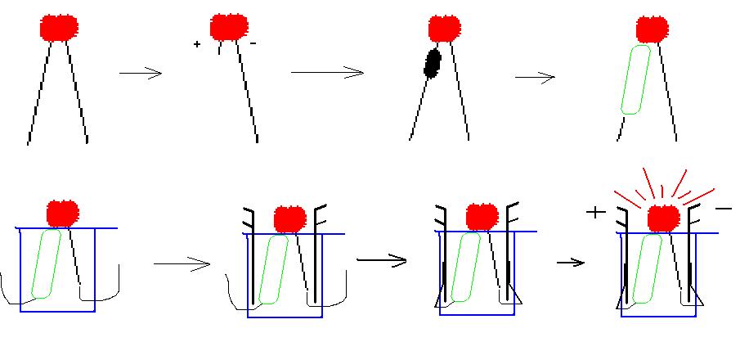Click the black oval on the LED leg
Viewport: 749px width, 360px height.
433,62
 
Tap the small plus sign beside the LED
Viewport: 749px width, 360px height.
197,44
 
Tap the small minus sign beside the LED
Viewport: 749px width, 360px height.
252,44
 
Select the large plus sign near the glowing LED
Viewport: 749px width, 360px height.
596,213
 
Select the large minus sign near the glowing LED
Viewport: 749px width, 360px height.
723,209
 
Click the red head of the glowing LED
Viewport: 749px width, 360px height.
663,218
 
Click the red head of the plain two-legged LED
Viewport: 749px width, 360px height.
59,27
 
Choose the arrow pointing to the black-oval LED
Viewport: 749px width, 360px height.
327,73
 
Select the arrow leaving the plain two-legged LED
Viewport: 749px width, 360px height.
141,74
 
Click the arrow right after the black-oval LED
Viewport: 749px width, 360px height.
536,78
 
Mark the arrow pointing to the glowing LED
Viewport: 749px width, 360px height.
571,263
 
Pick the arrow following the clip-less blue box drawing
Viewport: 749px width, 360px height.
181,264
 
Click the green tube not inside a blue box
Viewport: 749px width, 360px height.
635,79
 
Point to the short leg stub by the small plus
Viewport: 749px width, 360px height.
219,49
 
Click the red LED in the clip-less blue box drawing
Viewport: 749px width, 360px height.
62,213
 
